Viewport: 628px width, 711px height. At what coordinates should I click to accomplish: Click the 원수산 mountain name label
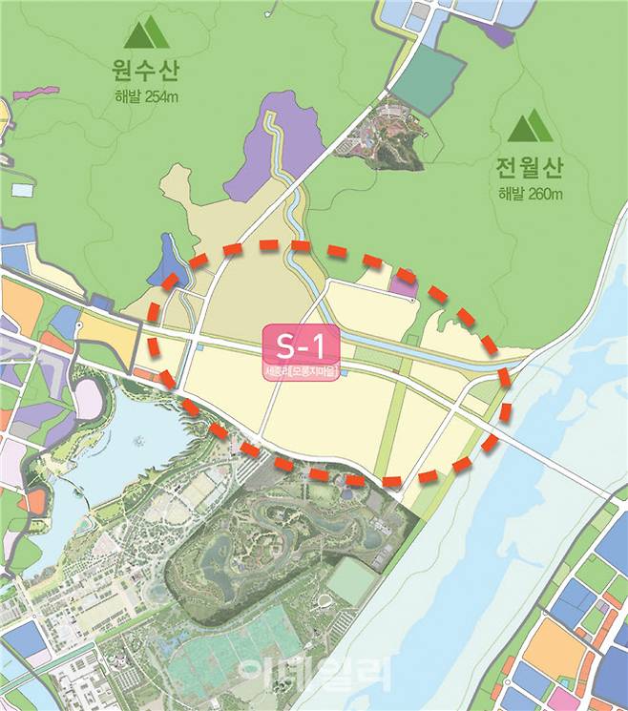145,72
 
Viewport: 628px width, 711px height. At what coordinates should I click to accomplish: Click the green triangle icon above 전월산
530,127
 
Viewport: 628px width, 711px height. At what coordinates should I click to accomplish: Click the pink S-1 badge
302,345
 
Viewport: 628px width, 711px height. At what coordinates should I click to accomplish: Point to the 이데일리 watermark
315,673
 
